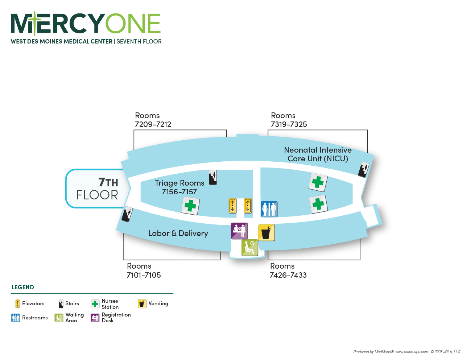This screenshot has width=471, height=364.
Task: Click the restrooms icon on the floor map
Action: (x=269, y=209)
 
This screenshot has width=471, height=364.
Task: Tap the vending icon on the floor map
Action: (x=267, y=233)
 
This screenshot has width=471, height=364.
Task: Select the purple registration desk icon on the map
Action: (x=239, y=231)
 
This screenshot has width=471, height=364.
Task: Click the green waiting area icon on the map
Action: (x=250, y=248)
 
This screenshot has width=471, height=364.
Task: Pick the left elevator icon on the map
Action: (x=232, y=206)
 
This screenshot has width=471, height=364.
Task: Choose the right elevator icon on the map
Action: (x=248, y=206)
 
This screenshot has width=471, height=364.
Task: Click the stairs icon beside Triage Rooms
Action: (x=212, y=177)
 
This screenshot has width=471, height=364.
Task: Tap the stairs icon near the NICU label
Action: (x=363, y=169)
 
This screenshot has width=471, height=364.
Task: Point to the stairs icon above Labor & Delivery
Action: (x=127, y=214)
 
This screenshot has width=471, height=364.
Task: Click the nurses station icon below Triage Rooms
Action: (x=190, y=206)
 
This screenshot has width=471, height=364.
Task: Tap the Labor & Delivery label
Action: (x=178, y=233)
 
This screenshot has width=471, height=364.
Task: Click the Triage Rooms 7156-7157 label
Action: (x=179, y=187)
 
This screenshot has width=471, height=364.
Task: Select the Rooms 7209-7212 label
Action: (x=153, y=120)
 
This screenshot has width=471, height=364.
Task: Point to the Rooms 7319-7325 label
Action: (x=289, y=120)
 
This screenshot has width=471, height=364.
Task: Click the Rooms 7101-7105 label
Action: (x=144, y=270)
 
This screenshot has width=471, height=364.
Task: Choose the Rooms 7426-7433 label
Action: (x=288, y=270)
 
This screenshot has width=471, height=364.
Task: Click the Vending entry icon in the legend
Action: (x=142, y=304)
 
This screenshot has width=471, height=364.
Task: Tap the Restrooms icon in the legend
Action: (x=16, y=318)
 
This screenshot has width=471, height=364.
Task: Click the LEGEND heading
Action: (x=22, y=287)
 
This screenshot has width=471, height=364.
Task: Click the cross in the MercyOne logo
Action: (x=35, y=23)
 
